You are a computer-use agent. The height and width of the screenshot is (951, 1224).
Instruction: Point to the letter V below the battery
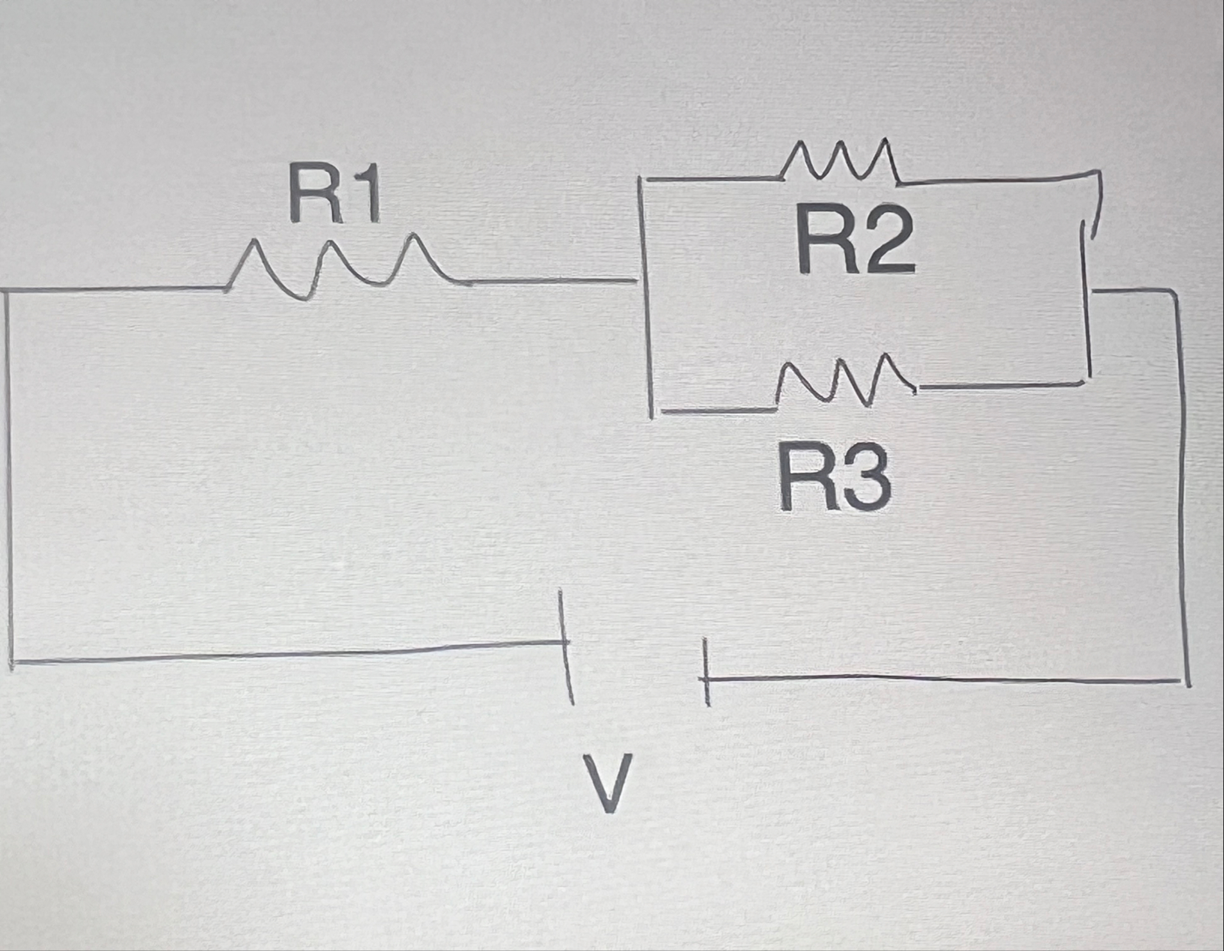click(607, 783)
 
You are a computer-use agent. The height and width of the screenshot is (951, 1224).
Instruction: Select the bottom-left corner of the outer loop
click(12, 661)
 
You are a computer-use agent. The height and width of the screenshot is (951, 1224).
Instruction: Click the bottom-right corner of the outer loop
click(1187, 681)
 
